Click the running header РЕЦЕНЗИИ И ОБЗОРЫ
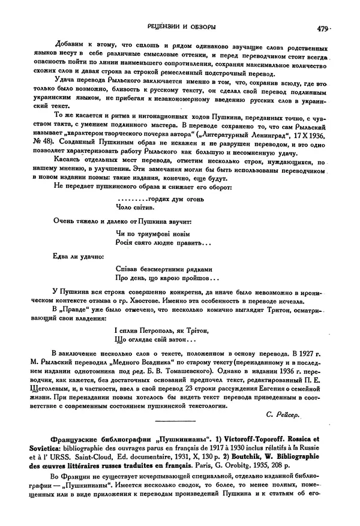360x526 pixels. point(179,28)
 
